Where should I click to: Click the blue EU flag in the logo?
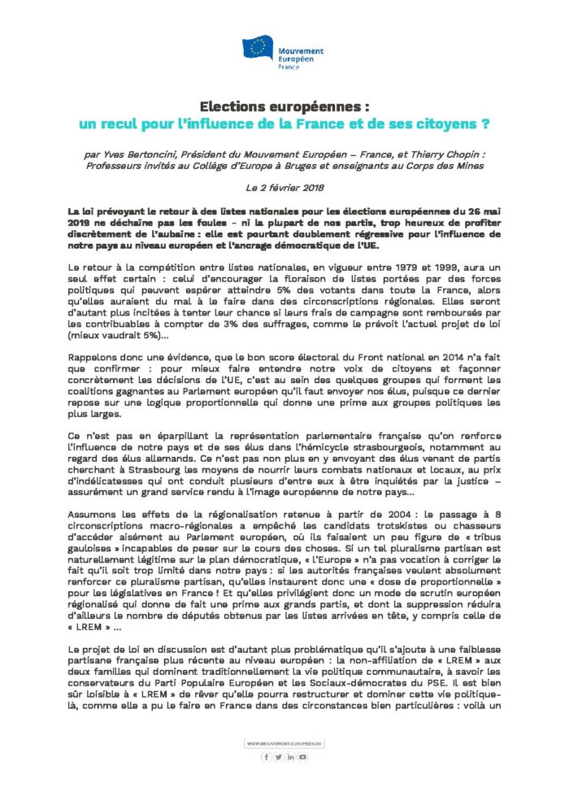[261, 49]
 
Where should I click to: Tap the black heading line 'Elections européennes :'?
[284, 106]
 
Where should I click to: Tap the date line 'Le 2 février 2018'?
[284, 188]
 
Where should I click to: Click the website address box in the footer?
[284, 742]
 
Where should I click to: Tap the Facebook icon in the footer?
[265, 757]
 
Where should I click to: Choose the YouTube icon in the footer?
[303, 757]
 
